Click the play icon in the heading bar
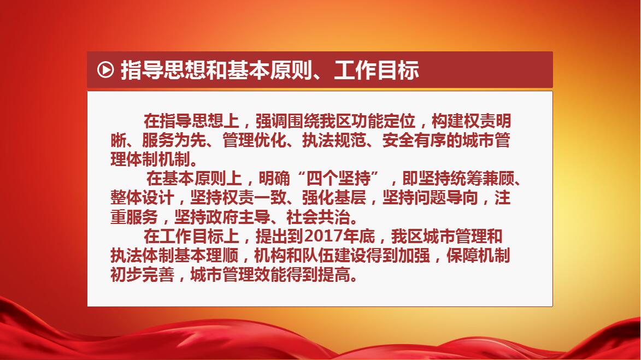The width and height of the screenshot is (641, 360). coord(105,69)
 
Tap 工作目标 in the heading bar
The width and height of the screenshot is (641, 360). coord(377,70)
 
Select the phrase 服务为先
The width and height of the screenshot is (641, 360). coord(174,140)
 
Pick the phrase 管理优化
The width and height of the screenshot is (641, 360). coord(254,140)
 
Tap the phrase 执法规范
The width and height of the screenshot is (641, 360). coord(334,140)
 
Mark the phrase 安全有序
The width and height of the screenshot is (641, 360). coord(414,140)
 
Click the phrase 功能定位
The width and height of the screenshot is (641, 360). coord(384,121)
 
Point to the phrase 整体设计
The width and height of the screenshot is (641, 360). coord(142,198)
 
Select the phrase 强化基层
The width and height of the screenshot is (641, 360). coord(334,198)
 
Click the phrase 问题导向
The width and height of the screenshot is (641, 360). coord(446,198)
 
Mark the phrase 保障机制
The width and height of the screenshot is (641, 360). coord(478,256)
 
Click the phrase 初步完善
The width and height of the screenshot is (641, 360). coord(142,275)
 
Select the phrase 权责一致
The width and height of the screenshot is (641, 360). coord(254,198)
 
